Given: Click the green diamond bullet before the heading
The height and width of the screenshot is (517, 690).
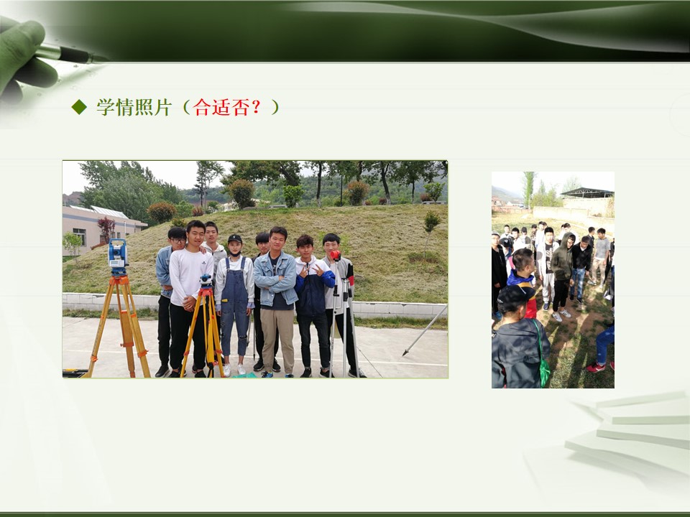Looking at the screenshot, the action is pyautogui.click(x=79, y=107).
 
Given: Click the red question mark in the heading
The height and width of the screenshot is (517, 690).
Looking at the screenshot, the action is pyautogui.click(x=257, y=107).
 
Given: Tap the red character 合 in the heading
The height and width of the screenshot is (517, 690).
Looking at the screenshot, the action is pyautogui.click(x=201, y=107).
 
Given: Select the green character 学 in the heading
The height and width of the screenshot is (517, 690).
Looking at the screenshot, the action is pyautogui.click(x=106, y=107).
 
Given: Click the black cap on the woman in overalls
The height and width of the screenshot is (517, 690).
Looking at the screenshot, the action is pyautogui.click(x=234, y=238).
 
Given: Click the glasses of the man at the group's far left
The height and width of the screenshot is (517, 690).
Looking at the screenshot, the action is pyautogui.click(x=177, y=240).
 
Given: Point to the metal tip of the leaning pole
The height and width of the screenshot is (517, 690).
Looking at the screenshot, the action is pyautogui.click(x=405, y=353).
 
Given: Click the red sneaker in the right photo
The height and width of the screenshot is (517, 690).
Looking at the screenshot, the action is pyautogui.click(x=595, y=367).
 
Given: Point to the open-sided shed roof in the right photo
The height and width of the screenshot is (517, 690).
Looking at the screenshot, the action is pyautogui.click(x=587, y=192).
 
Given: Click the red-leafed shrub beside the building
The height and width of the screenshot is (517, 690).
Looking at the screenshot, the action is pyautogui.click(x=106, y=227).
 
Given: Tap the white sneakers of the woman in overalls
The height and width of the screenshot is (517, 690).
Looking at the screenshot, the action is pyautogui.click(x=234, y=369).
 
